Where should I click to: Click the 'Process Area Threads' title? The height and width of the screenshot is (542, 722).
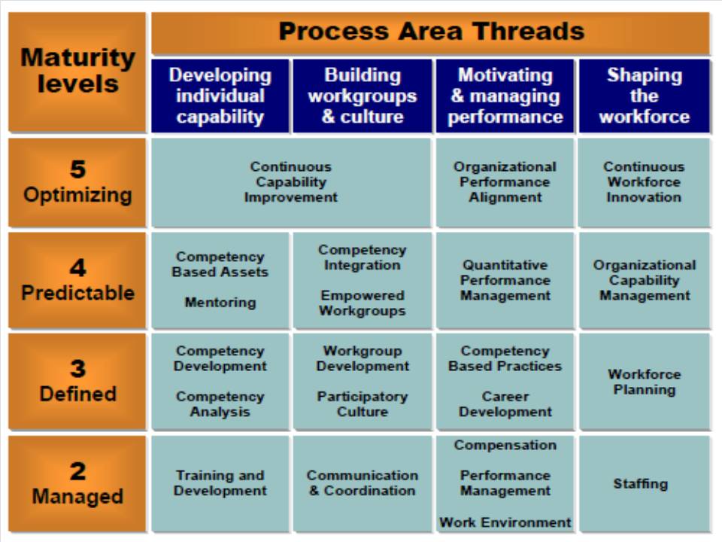(x=432, y=32)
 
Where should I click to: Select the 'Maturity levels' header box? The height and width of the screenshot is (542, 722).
(x=77, y=72)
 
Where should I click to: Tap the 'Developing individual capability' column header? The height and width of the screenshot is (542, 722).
(x=220, y=96)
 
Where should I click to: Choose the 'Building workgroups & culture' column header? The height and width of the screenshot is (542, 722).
(x=363, y=96)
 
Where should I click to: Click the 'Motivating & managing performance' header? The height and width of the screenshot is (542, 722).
(x=505, y=96)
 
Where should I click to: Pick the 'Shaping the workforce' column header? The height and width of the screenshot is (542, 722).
(x=645, y=96)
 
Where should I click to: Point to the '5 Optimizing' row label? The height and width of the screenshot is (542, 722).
(x=77, y=182)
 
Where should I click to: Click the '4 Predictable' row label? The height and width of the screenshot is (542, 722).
(x=77, y=280)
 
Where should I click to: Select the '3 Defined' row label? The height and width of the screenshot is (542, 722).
(x=77, y=382)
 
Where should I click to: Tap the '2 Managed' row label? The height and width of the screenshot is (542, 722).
(x=77, y=484)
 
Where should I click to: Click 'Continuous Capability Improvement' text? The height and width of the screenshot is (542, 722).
(x=291, y=182)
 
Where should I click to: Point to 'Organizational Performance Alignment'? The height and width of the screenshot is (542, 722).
(x=505, y=182)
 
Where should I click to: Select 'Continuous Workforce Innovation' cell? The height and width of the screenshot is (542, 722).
(x=644, y=182)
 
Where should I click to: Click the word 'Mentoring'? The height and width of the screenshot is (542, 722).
(x=220, y=303)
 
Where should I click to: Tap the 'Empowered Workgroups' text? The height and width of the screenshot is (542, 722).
(x=363, y=303)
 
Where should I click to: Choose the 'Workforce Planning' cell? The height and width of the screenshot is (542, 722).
(x=645, y=382)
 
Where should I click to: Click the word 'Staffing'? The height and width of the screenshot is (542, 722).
(x=641, y=483)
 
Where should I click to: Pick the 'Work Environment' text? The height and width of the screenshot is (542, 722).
(x=505, y=522)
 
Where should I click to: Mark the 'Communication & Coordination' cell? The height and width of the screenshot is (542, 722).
(x=363, y=484)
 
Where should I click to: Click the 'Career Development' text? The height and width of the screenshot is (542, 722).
(x=505, y=403)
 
